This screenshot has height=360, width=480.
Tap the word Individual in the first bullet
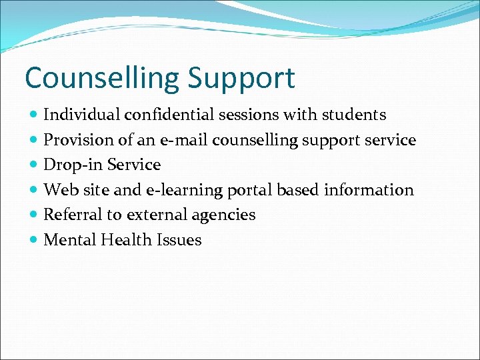point(79,115)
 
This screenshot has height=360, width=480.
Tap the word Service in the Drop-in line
point(134,165)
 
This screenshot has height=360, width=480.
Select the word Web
point(58,190)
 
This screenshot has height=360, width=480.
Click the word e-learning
point(183,190)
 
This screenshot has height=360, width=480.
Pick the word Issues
point(179,240)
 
